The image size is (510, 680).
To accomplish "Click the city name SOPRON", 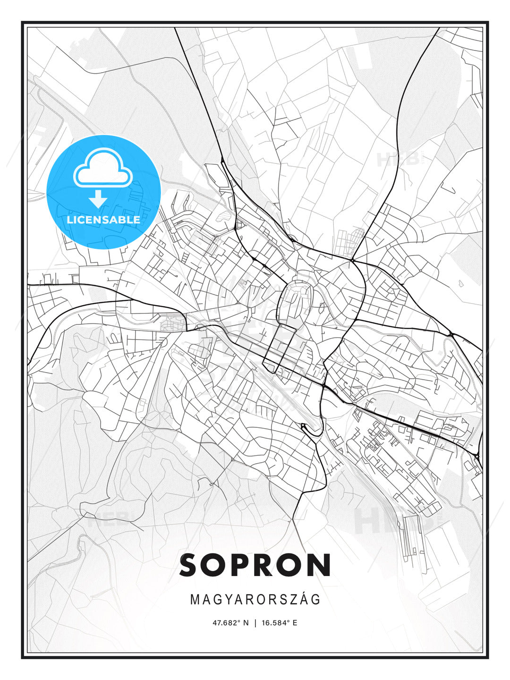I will coord(255,565).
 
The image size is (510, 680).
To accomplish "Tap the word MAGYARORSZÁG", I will coord(255,600).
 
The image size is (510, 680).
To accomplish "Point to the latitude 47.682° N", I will coord(230,623).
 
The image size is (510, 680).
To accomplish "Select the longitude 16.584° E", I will coord(279,623).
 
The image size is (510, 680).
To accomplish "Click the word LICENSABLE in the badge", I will coord(103,220).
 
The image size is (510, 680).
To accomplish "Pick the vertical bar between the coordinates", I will coord(255,623).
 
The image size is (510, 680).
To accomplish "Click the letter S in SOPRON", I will coord(192,565).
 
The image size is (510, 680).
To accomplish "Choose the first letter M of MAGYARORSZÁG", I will coord(195,600).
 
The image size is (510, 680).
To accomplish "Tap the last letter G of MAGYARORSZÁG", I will coord(316,600).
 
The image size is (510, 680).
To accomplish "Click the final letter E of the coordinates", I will coord(295,623).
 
